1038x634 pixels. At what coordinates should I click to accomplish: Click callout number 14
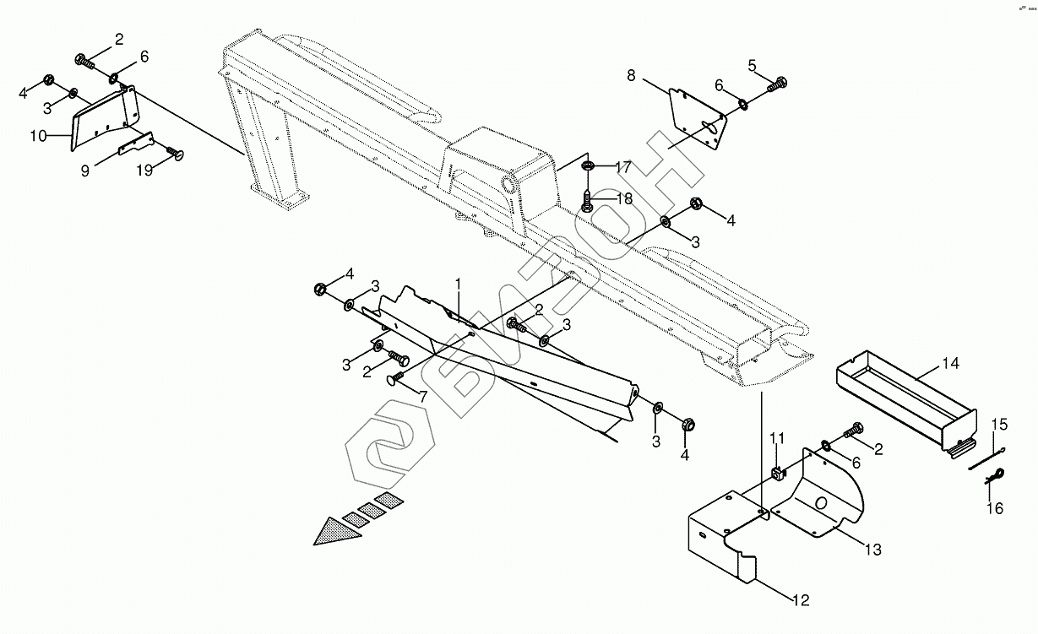tap(951, 364)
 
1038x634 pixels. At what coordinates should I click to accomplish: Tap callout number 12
tap(800, 600)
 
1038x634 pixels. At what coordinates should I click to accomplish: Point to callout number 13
tap(872, 550)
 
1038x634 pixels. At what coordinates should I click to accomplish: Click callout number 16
tap(995, 508)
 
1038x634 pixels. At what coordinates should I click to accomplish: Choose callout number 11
tap(777, 437)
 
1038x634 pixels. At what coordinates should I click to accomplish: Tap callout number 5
tap(752, 64)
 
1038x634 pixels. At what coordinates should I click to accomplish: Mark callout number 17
tap(622, 167)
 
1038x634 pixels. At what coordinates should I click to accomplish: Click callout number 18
tap(623, 198)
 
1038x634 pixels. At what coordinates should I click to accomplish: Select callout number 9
tap(84, 170)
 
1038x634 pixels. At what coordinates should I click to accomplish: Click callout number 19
tap(145, 171)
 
